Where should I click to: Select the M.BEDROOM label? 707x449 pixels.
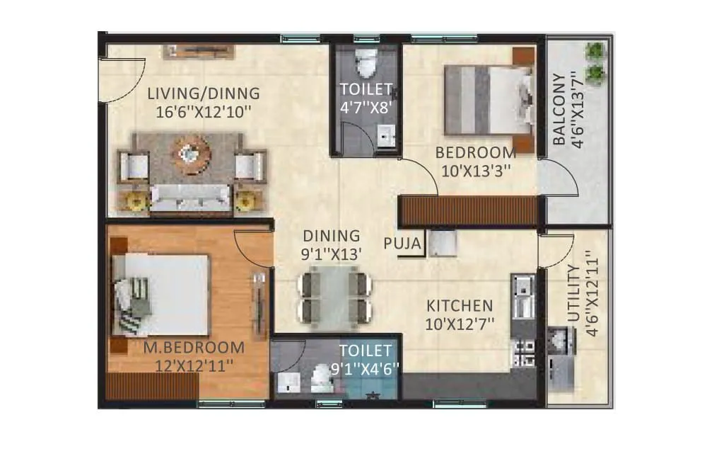point(194,348)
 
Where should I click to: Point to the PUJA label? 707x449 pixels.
point(402,244)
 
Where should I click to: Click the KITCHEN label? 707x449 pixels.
point(459,306)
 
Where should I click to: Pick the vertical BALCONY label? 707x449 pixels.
point(559,108)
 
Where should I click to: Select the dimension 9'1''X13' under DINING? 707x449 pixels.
point(332,252)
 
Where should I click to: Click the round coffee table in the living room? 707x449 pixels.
point(192,154)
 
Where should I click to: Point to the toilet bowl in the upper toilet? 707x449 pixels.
point(366,64)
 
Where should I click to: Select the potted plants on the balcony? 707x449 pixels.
point(595,62)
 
